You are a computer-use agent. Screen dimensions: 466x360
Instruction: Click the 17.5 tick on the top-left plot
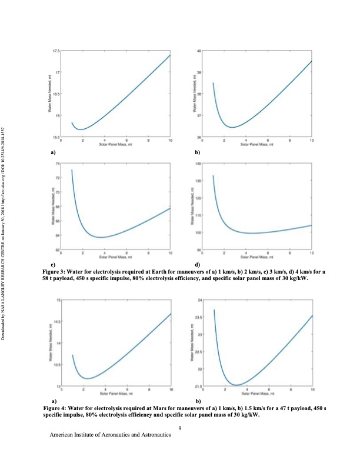coord(56,51)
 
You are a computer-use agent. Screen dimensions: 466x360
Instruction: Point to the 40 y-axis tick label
coord(199,51)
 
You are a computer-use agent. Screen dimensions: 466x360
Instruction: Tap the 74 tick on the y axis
coord(57,162)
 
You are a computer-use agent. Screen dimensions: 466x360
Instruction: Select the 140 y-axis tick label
coord(198,162)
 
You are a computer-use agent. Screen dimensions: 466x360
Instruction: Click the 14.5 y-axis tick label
coord(56,321)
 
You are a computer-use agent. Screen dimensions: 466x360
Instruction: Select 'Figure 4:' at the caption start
coord(56,408)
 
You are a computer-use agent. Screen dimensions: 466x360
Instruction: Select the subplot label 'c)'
coord(53,265)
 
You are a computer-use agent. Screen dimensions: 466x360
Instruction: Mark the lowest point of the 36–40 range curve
coord(234,127)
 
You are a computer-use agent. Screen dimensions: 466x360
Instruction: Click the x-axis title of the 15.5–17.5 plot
coord(115,145)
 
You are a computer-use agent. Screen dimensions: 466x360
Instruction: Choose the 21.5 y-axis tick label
coord(198,386)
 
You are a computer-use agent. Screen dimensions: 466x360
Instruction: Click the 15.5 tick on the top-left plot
coord(56,137)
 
